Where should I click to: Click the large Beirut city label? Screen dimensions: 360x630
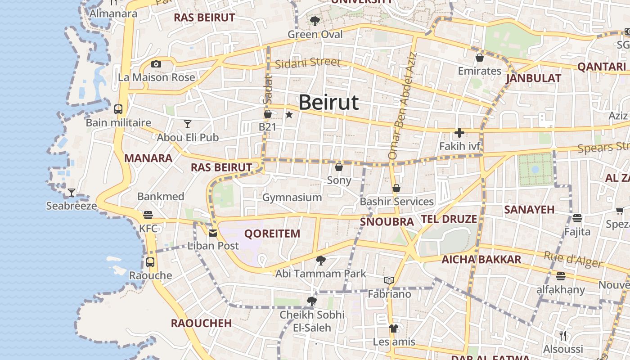coord(328,103)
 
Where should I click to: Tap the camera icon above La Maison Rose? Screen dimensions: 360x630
coord(156,64)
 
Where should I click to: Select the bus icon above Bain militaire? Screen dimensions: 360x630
coord(118,109)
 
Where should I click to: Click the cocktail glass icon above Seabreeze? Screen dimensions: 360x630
coord(72,193)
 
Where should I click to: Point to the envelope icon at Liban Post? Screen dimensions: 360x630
coord(213,233)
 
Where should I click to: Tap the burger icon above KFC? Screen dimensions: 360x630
coord(148,215)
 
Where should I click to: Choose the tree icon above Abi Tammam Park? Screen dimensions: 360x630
coord(321,261)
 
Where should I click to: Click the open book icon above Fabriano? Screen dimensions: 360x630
coord(389,281)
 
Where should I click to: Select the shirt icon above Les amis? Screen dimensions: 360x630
coord(394,328)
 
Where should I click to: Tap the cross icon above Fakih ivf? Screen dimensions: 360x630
coord(459,133)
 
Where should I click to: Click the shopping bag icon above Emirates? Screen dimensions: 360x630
coord(480,58)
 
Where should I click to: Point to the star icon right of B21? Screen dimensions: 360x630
coord(289,115)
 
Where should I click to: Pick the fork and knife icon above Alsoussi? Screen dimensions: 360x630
coord(563,335)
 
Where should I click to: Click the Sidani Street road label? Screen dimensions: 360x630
coord(307,63)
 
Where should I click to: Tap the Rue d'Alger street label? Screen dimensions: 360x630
coord(572,260)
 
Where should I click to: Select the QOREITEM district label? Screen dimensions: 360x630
coord(272,234)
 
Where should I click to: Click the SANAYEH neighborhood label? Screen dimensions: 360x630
coord(529,210)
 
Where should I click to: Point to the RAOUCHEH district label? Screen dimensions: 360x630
coord(201,323)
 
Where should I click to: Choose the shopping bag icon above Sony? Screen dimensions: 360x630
coord(339,167)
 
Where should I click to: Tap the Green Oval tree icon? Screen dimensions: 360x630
coord(315,21)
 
